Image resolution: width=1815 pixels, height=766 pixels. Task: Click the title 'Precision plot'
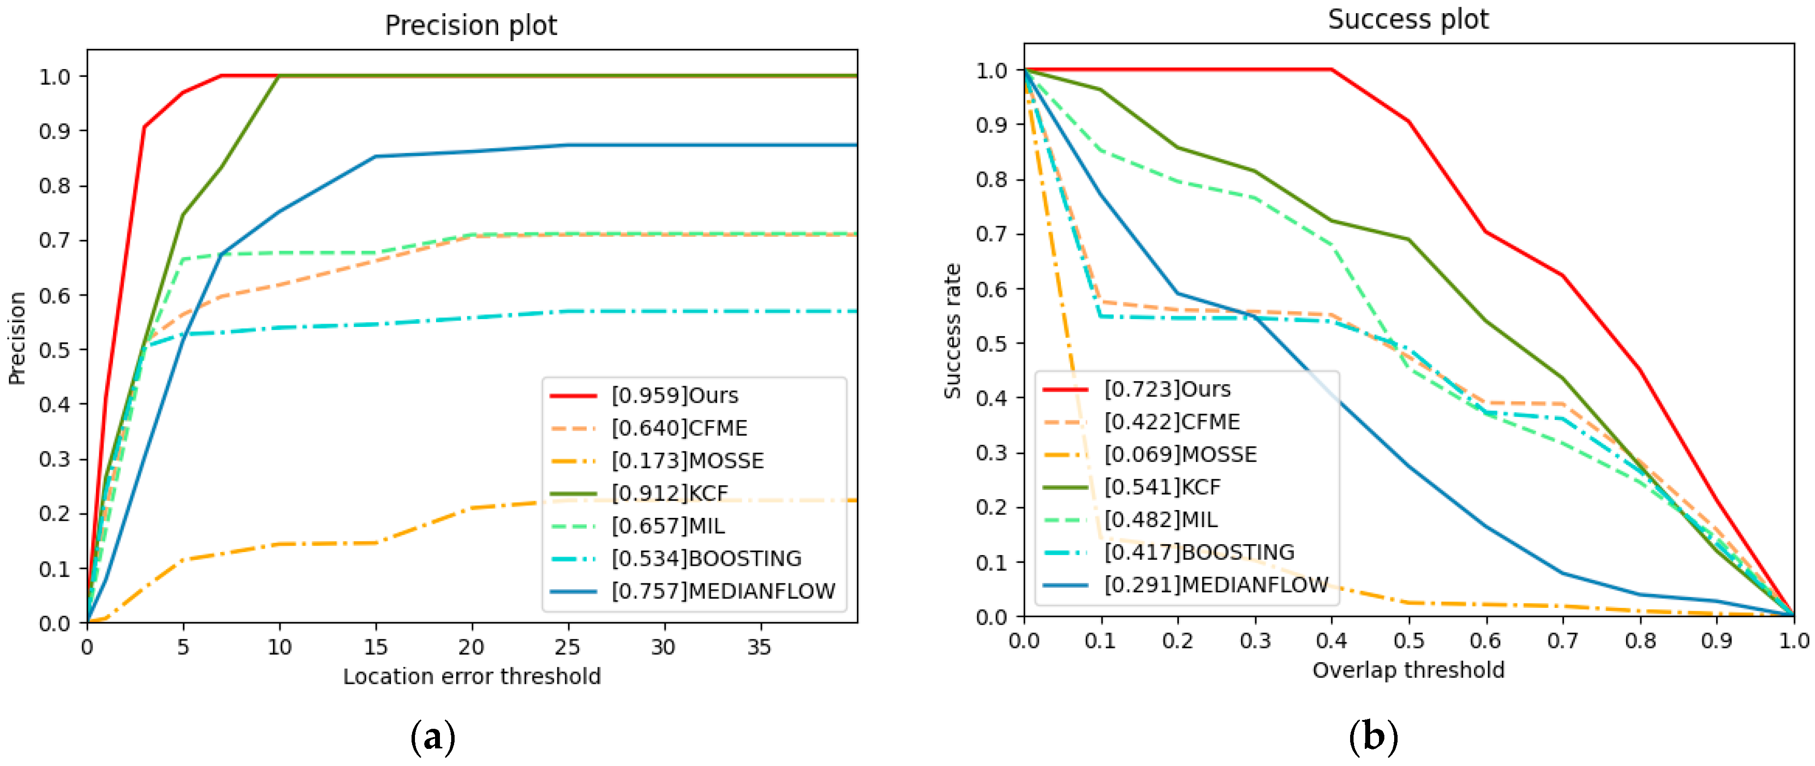[x=471, y=25]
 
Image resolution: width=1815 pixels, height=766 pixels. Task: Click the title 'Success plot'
[x=1408, y=19]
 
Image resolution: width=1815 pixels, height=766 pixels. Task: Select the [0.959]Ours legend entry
[x=674, y=395]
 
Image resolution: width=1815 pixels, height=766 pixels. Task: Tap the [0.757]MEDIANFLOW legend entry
[x=722, y=591]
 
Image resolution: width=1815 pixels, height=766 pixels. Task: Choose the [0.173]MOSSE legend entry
[x=687, y=461]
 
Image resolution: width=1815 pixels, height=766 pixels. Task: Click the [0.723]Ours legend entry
[x=1167, y=389]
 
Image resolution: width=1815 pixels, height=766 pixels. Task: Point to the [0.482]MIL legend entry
[x=1160, y=519]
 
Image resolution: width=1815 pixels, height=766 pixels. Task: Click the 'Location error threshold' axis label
[x=471, y=676]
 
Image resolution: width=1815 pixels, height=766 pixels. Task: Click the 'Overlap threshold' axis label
[x=1408, y=670]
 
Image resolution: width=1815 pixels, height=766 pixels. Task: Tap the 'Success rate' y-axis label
[x=953, y=331]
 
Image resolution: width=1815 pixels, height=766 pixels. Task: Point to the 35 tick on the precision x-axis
[x=759, y=647]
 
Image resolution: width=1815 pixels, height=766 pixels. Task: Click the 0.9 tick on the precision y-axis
[x=54, y=131]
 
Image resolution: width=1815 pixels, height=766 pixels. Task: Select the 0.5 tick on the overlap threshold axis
[x=1408, y=641]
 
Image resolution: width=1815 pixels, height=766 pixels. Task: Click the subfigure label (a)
[x=432, y=737]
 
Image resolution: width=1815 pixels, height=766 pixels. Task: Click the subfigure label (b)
[x=1373, y=737]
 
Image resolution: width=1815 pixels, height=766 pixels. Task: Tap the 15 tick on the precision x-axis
[x=375, y=647]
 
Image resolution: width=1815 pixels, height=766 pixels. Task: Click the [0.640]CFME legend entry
[x=679, y=428]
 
